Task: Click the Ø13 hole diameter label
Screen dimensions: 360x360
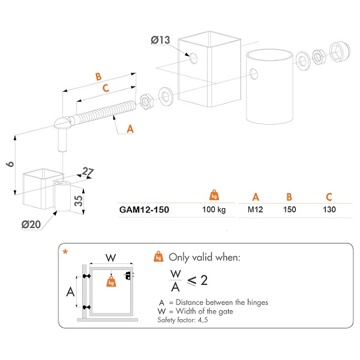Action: [160, 41]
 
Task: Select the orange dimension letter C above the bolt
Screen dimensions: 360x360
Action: [106, 89]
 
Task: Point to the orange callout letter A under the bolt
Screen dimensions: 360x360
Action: [130, 128]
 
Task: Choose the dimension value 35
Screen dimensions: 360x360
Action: [79, 200]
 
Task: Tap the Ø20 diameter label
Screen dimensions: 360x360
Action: [31, 224]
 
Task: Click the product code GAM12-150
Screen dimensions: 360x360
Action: [145, 211]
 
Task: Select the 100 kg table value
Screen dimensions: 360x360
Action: [213, 211]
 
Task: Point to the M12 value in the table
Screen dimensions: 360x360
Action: [256, 211]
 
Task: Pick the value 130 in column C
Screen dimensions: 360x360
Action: [328, 211]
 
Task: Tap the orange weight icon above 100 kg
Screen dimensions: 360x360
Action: [213, 195]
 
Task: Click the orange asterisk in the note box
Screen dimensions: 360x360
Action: [65, 253]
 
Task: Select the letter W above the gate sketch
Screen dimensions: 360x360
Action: [110, 258]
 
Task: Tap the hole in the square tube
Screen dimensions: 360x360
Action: [194, 58]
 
